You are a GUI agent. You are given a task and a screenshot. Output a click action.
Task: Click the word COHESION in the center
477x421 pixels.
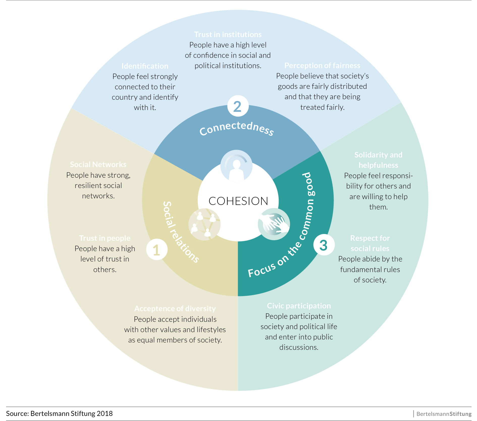point(238,201)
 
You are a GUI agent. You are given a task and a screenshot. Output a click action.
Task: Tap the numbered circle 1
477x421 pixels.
point(157,250)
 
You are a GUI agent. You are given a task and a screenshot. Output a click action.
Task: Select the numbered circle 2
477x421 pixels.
point(238,106)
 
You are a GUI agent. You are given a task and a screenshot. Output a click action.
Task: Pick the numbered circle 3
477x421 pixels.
point(324,245)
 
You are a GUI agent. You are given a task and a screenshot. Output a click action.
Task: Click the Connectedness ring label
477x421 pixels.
point(236,128)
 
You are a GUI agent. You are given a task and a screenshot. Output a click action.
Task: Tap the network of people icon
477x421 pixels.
point(204,224)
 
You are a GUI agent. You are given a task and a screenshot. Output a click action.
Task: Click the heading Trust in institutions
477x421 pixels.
point(228,35)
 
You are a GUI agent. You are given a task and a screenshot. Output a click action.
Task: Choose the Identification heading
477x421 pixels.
point(145,66)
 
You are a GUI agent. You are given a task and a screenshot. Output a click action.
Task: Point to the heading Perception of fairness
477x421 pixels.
point(322,66)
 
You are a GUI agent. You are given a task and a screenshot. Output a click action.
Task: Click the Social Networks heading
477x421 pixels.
point(98,165)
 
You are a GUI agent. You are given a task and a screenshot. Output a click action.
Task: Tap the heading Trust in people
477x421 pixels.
point(105,238)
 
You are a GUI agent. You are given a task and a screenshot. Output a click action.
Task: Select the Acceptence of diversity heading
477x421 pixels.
point(175,309)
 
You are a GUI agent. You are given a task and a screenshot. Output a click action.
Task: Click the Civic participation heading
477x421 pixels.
point(299,306)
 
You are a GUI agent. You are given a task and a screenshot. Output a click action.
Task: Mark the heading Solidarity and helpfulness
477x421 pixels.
point(378,160)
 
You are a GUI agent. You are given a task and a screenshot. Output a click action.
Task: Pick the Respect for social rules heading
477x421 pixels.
point(370,243)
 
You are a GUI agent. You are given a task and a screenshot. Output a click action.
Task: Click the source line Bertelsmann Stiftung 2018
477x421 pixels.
point(59,413)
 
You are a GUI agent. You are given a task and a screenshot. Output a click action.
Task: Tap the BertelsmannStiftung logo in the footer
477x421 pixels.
point(444,414)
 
